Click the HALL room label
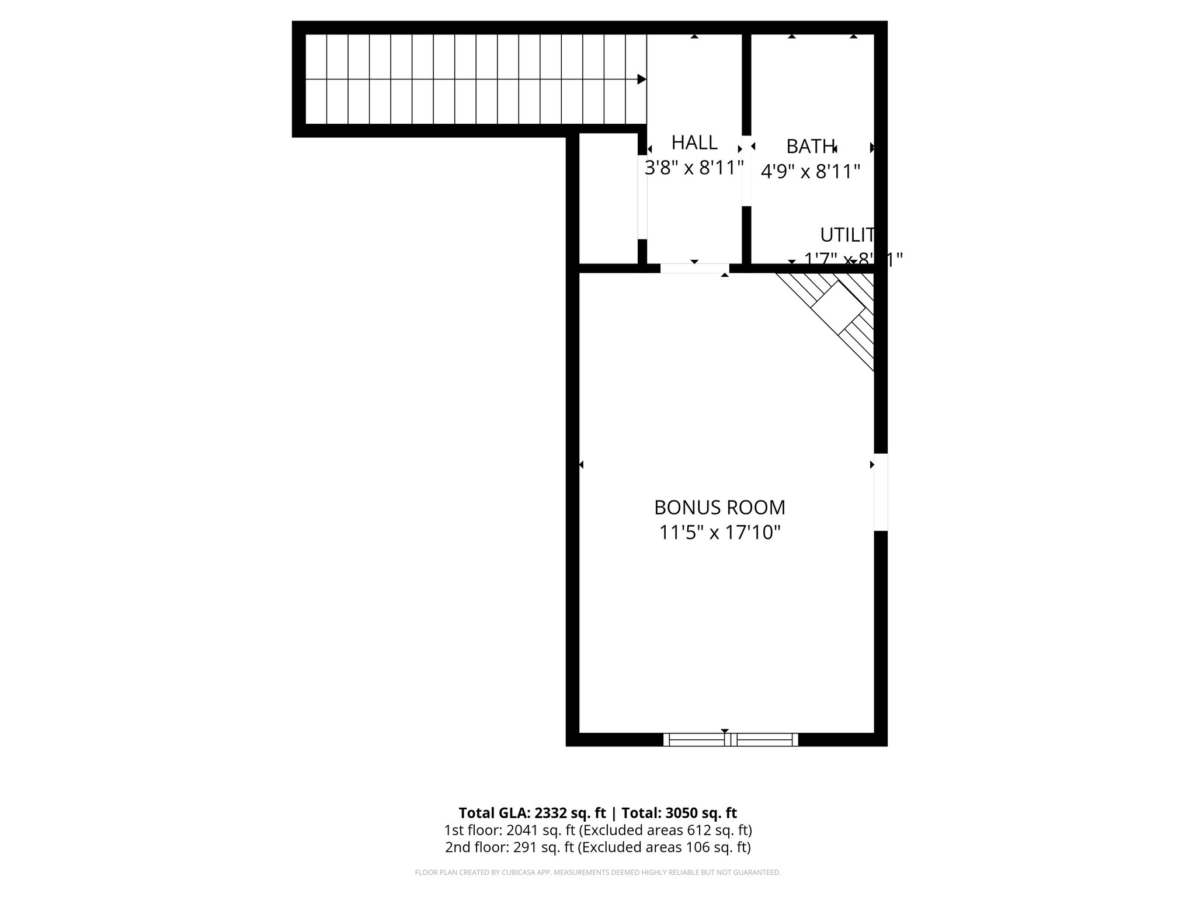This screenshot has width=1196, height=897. click(x=694, y=142)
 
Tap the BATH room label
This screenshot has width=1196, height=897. click(x=810, y=145)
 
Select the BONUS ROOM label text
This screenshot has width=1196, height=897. click(x=719, y=507)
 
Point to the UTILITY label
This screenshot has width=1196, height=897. click(x=847, y=235)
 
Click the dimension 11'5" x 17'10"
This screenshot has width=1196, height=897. click(x=719, y=533)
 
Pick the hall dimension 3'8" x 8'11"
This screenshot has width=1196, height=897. click(x=694, y=168)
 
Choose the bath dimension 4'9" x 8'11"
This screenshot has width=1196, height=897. click(x=810, y=172)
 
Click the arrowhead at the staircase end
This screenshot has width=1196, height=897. click(x=641, y=79)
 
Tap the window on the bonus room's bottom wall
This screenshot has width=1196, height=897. click(x=731, y=739)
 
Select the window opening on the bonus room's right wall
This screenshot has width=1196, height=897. click(x=881, y=492)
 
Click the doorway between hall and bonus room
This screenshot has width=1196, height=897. click(x=694, y=269)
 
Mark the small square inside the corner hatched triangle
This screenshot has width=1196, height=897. click(x=839, y=307)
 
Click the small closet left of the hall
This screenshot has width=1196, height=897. click(x=608, y=199)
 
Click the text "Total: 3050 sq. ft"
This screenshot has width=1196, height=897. click(x=679, y=813)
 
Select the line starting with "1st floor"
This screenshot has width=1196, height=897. click(x=597, y=830)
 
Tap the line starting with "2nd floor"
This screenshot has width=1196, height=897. click(x=597, y=847)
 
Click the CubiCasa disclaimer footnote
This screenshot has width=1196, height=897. click(x=597, y=872)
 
